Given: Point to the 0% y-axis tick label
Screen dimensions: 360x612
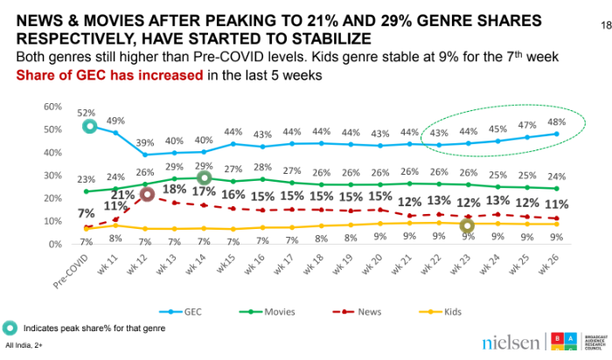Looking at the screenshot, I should [x=53, y=244].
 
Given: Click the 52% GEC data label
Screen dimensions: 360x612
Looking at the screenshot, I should [x=87, y=113].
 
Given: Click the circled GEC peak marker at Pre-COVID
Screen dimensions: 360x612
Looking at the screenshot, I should [x=88, y=127].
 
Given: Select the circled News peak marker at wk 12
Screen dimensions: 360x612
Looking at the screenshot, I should [x=149, y=194].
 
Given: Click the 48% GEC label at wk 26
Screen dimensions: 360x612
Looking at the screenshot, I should [x=557, y=121].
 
